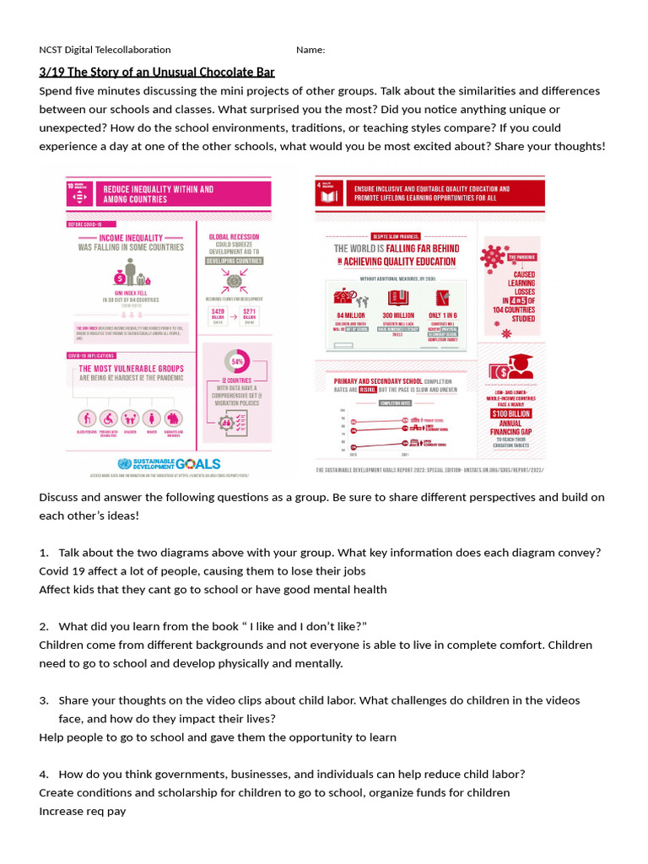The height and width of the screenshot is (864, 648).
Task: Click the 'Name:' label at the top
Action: (310, 50)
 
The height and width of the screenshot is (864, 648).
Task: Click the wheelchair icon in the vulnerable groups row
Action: (108, 418)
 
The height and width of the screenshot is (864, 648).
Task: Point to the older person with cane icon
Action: (86, 418)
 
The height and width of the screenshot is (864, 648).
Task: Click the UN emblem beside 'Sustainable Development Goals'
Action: (125, 463)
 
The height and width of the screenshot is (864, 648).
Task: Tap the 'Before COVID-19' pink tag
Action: (85, 224)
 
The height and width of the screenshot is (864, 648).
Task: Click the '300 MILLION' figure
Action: (397, 315)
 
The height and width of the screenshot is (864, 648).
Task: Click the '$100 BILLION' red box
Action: (512, 413)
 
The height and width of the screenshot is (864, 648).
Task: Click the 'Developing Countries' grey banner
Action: (234, 261)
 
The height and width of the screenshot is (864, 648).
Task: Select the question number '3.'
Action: (44, 700)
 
